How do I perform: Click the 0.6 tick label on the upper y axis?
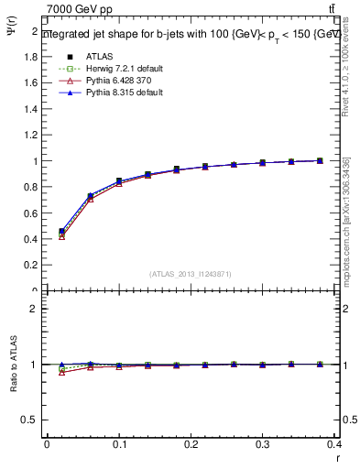click(x=33, y=213)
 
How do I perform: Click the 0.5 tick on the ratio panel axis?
click(x=31, y=420)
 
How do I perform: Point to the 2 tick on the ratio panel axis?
click(x=36, y=310)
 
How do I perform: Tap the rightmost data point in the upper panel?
click(x=319, y=160)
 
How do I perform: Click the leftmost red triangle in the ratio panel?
click(x=61, y=372)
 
